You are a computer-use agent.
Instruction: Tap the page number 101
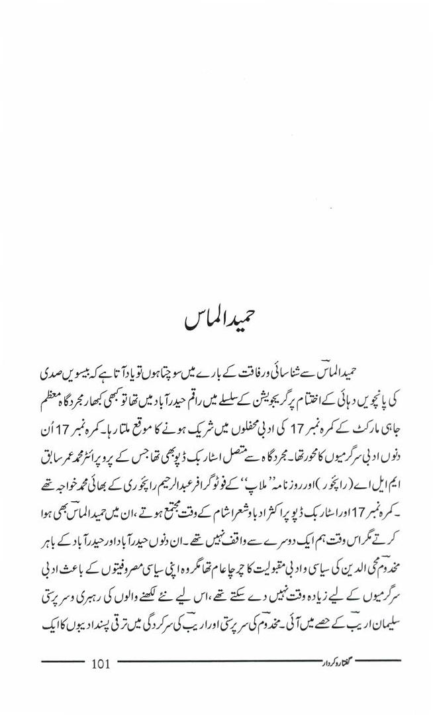click(x=103, y=663)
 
